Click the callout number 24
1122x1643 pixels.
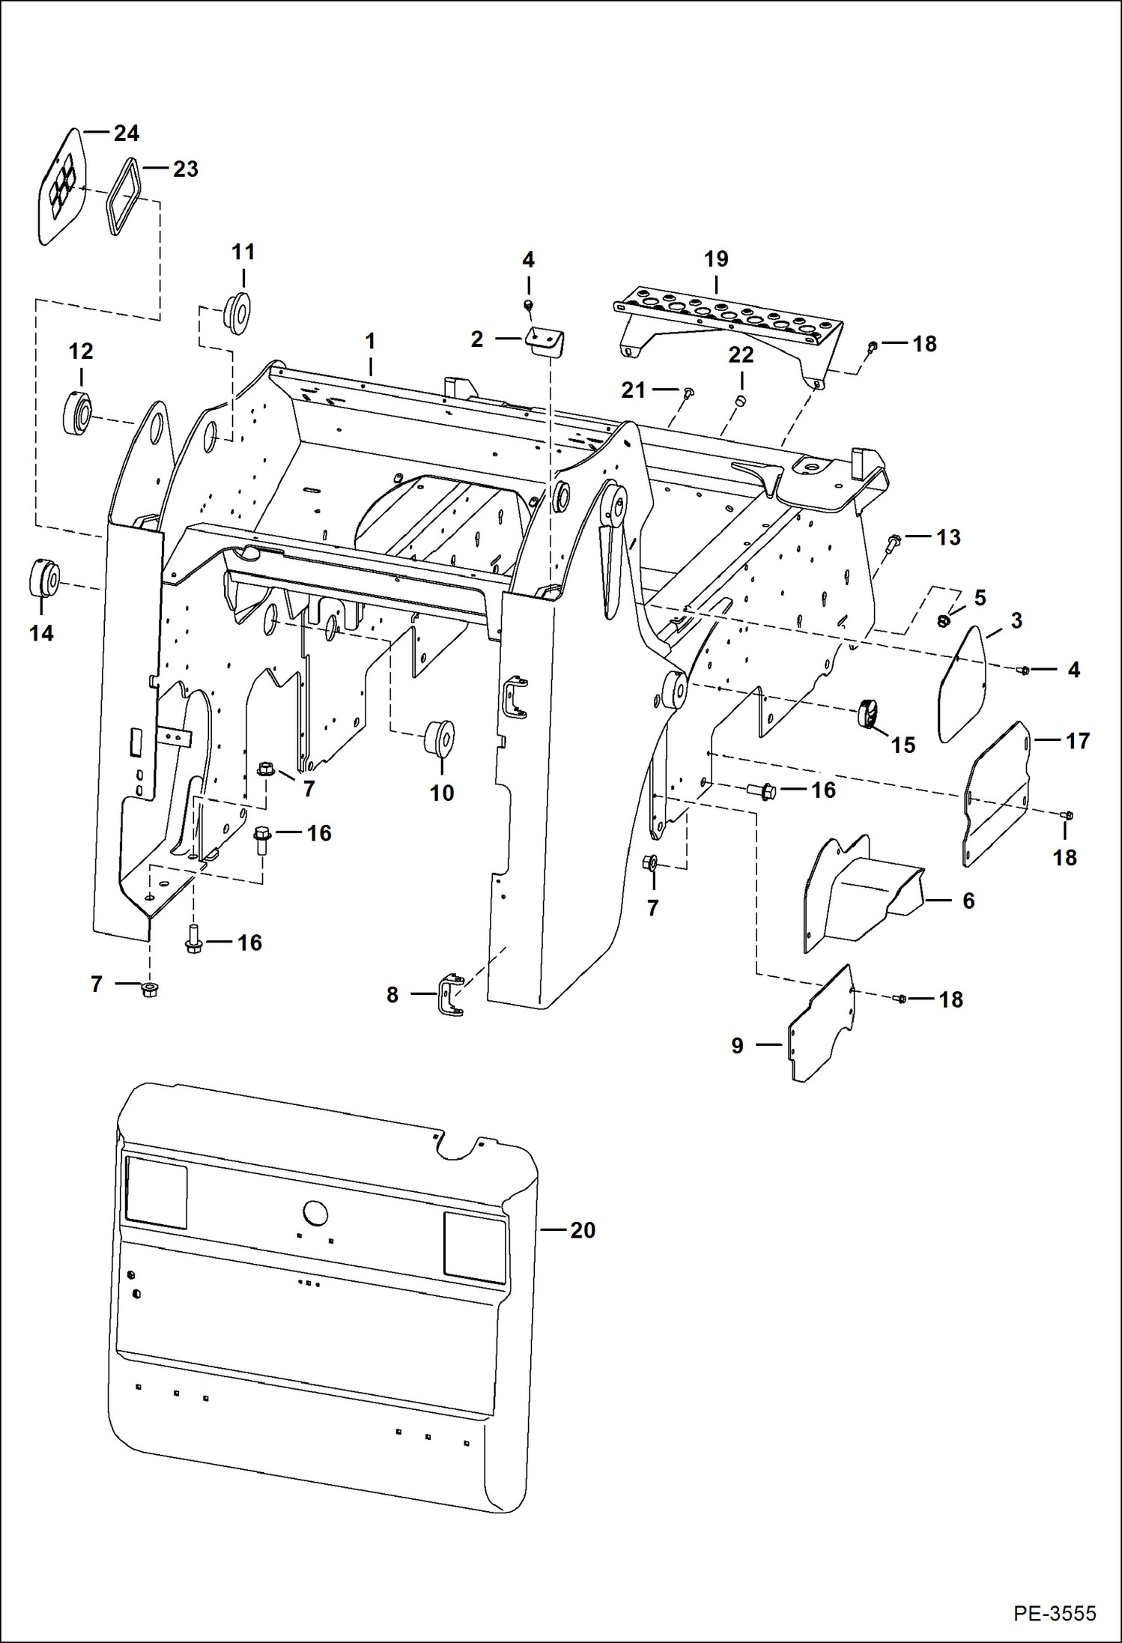(126, 133)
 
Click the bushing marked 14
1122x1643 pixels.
(45, 578)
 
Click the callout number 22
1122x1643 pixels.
(740, 354)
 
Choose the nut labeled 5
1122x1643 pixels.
(944, 620)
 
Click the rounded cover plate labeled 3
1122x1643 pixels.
(963, 684)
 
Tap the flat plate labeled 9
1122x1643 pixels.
(822, 1026)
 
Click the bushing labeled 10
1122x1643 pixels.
(440, 737)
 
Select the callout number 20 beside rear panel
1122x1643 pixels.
(582, 1230)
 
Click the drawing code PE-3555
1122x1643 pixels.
(1055, 1613)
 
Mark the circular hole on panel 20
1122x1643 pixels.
(315, 1212)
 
